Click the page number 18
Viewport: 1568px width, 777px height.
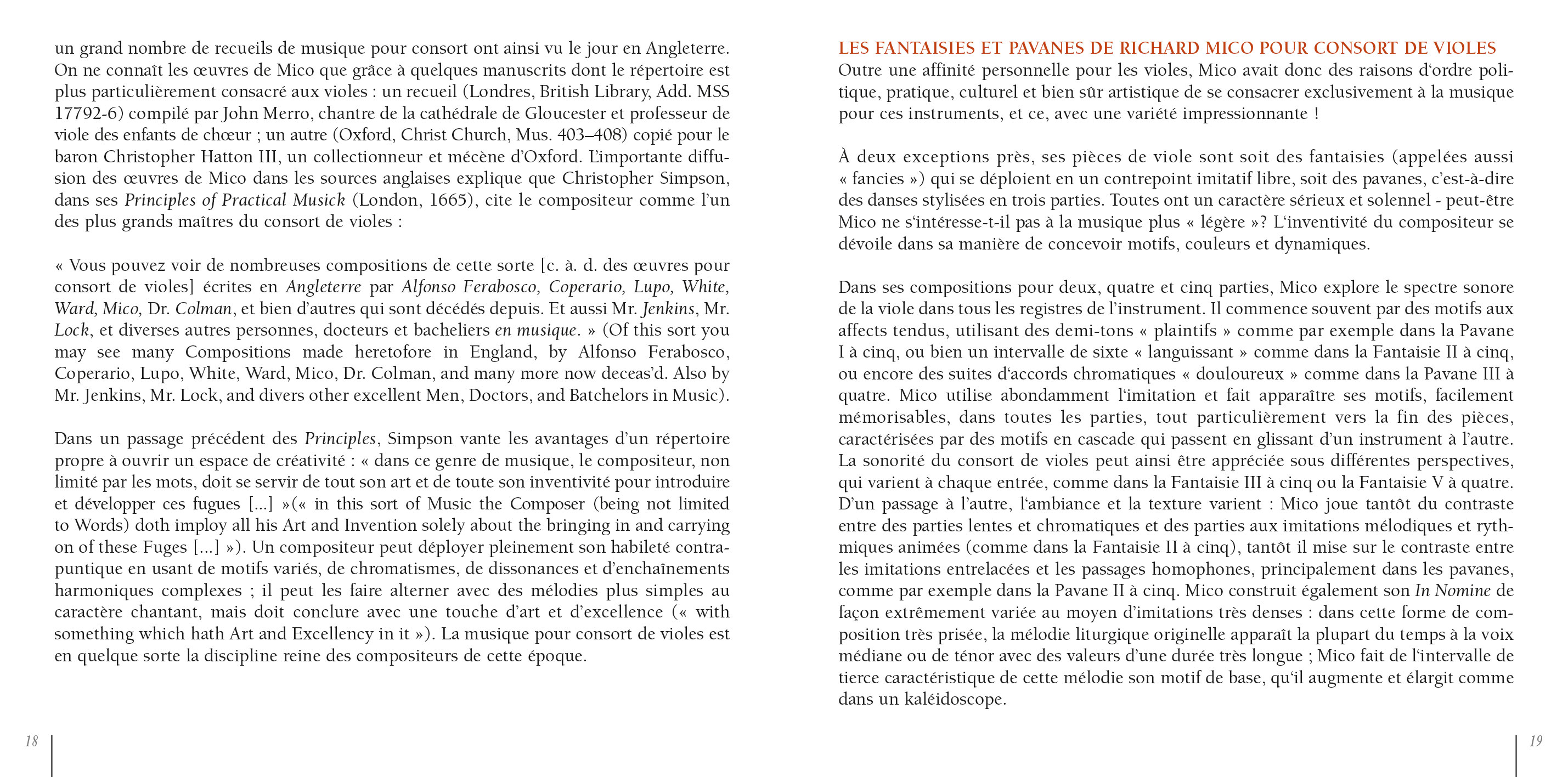tap(31, 741)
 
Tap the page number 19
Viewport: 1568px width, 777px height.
tap(1536, 741)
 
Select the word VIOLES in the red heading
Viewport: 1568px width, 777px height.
tap(1464, 48)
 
